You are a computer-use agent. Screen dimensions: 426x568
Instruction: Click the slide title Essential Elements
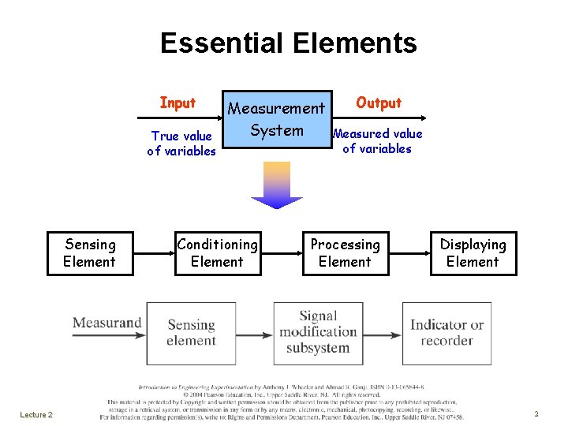(288, 43)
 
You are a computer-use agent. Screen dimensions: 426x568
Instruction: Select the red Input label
(177, 103)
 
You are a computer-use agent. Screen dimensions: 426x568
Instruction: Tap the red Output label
(379, 103)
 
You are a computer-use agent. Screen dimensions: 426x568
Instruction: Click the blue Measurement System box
(276, 119)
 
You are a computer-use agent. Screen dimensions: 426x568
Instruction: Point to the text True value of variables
(181, 144)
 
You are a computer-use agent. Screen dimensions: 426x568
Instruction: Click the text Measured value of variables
(377, 141)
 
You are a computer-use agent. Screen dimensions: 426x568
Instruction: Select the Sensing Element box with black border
(89, 253)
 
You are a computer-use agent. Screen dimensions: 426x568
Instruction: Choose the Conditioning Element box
(217, 253)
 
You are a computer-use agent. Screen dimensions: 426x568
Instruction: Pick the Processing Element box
(345, 253)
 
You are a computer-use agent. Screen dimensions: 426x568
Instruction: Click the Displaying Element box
(473, 253)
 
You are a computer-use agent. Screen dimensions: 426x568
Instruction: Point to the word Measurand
(106, 322)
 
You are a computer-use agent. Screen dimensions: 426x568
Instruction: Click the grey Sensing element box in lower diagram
(191, 333)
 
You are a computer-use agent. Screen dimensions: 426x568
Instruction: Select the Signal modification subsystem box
(318, 333)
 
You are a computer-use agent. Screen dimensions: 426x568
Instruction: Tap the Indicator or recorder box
(447, 333)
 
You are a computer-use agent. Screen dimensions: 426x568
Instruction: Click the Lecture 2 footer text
(36, 415)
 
